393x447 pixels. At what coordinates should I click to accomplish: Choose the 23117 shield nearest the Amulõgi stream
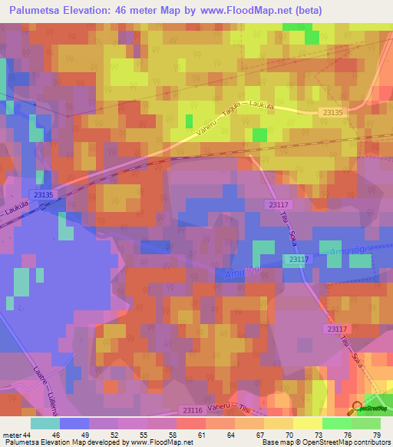pos(299,260)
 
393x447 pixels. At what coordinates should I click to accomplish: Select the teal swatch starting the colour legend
pos(45,423)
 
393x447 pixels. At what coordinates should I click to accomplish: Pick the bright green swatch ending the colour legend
pos(366,423)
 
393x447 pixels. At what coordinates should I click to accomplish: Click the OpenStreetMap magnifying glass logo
pos(358,409)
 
